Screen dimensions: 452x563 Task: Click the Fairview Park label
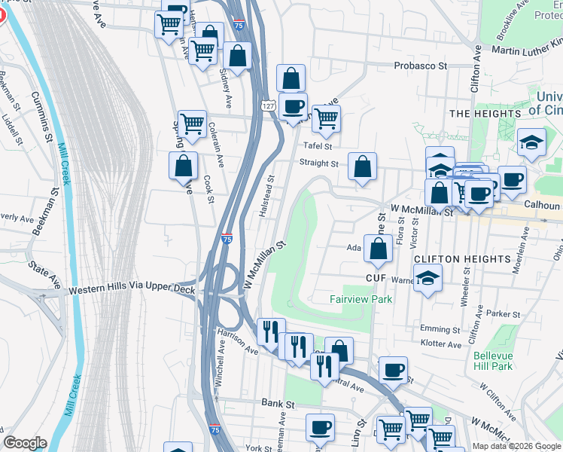[x=361, y=299]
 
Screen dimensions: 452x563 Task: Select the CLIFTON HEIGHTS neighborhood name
[x=462, y=258]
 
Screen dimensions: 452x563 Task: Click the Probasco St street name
[x=422, y=66]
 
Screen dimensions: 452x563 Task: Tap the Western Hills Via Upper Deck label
[x=132, y=289]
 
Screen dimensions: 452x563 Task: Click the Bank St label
[x=278, y=404]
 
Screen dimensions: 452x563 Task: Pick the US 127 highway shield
[x=267, y=105]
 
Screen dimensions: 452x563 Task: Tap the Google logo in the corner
[x=25, y=443]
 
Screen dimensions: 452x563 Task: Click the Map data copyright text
[x=516, y=446]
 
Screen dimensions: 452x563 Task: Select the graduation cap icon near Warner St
[x=428, y=279]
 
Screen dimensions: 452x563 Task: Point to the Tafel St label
[x=318, y=145]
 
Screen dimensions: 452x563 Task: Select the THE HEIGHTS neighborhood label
[x=481, y=113]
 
